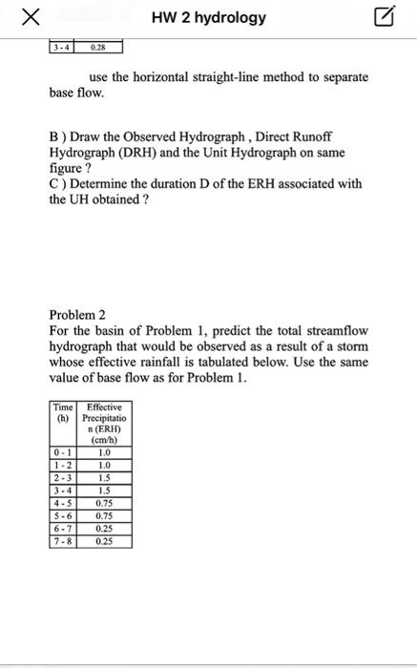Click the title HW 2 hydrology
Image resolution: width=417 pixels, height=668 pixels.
pyautogui.click(x=208, y=18)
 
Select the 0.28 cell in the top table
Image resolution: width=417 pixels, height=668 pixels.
pyautogui.click(x=97, y=46)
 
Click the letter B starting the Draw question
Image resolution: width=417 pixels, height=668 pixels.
pyautogui.click(x=53, y=138)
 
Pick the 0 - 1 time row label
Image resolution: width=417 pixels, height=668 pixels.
pyautogui.click(x=62, y=453)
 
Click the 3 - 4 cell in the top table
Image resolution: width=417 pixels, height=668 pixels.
pyautogui.click(x=62, y=46)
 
